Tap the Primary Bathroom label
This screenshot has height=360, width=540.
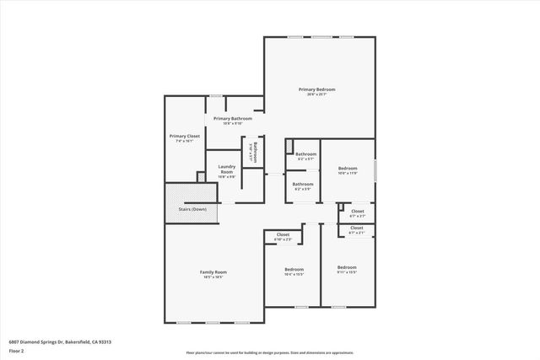(232, 119)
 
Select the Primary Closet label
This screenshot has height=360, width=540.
(185, 136)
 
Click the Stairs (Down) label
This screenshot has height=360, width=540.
(192, 208)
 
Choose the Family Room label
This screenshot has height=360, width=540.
(213, 272)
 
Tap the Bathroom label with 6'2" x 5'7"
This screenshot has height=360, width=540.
(305, 154)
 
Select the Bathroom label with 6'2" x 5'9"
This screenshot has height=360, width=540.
(303, 184)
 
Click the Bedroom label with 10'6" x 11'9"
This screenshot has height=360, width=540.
(348, 169)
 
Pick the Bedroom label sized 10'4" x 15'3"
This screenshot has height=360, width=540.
(293, 270)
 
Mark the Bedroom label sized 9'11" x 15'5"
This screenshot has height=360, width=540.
(347, 267)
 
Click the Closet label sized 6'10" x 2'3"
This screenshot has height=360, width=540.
(283, 235)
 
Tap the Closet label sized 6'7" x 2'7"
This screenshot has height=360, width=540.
(357, 211)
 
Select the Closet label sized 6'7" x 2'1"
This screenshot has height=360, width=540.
(357, 228)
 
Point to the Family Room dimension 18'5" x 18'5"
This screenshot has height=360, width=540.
(213, 277)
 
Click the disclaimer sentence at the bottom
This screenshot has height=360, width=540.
(270, 353)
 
